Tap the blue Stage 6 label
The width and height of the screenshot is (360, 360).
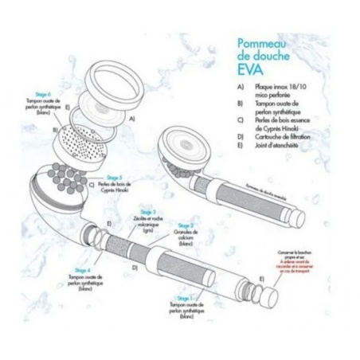[36, 94]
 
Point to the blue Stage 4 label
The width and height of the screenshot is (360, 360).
[81, 270]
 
